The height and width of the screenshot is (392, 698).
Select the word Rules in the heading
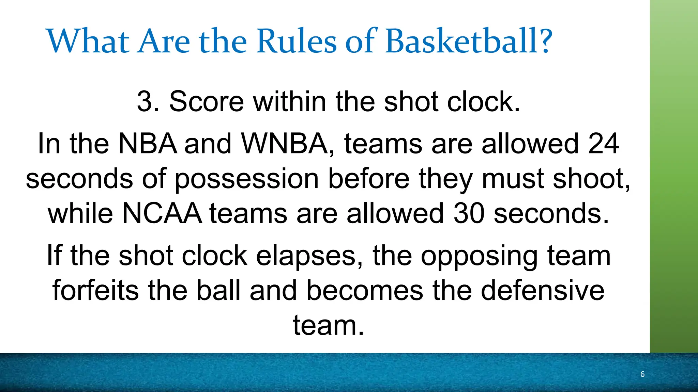coord(297,42)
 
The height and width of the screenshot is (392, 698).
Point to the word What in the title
coord(88,42)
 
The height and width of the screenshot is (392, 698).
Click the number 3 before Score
coord(144,101)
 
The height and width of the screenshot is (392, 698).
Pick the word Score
coord(207,101)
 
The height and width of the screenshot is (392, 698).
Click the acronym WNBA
coord(285,144)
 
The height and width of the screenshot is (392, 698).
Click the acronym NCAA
coord(162,214)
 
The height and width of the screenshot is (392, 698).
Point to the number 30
coord(469,214)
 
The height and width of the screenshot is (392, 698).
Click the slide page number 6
coord(642,374)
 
